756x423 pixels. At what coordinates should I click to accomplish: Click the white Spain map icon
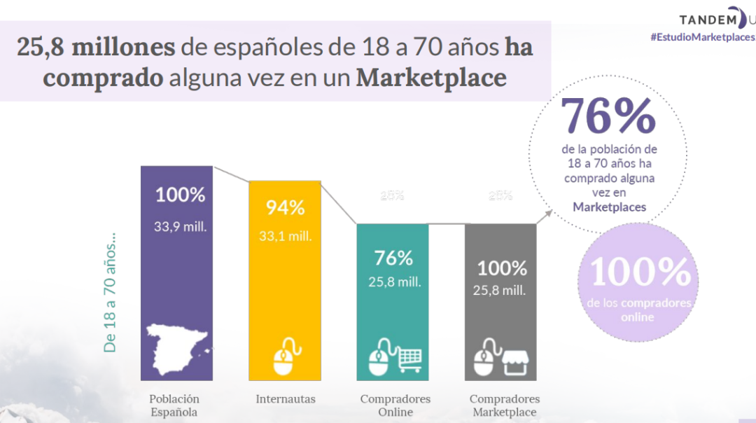pos(176,351)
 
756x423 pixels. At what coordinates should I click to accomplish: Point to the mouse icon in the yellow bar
pos(285,356)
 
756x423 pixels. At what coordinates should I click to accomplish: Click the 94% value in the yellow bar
pos(285,208)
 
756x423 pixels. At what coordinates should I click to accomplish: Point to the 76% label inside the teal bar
pos(393,258)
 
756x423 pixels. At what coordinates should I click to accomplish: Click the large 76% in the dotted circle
pos(608,117)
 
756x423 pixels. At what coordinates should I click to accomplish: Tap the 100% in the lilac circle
pos(640,272)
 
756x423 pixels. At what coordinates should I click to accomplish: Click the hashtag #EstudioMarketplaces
pos(702,37)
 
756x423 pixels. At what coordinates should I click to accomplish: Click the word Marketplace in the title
pos(431,77)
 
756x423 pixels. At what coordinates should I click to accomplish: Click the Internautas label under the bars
pos(286,399)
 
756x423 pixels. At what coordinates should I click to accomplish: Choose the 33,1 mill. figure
pos(285,236)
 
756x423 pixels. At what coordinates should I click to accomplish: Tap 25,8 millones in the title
pos(96,48)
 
